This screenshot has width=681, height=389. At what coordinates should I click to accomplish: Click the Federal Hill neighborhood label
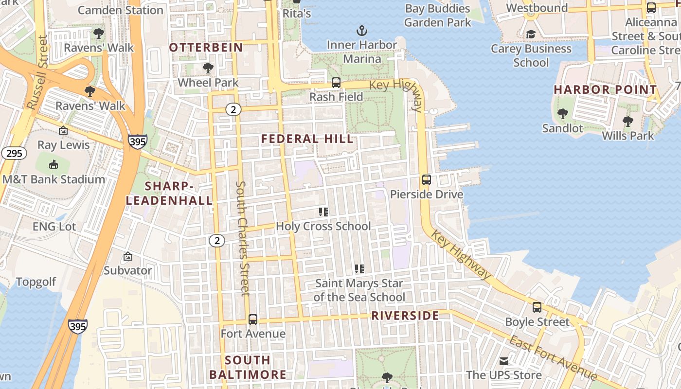pyautogui.click(x=307, y=139)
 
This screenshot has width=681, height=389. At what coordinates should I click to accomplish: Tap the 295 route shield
pyautogui.click(x=14, y=153)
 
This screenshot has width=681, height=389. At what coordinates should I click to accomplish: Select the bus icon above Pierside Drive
pyautogui.click(x=427, y=180)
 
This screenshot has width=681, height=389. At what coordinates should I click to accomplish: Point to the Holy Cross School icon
pyautogui.click(x=323, y=212)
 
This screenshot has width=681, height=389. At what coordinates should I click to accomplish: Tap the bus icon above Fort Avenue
pyautogui.click(x=253, y=319)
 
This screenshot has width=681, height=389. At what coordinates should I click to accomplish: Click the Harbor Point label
pyautogui.click(x=605, y=90)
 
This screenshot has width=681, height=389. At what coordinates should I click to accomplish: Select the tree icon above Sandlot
pyautogui.click(x=563, y=114)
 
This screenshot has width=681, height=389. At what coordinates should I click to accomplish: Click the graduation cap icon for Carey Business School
pyautogui.click(x=531, y=34)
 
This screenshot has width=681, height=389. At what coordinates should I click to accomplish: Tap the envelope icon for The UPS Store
pyautogui.click(x=504, y=361)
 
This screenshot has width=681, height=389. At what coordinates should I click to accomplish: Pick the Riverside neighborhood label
pyautogui.click(x=405, y=316)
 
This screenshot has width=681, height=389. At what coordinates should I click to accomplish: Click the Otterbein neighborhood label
pyautogui.click(x=206, y=47)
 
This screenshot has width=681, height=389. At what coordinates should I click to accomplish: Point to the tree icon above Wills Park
pyautogui.click(x=628, y=122)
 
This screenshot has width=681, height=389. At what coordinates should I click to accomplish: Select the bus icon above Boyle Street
pyautogui.click(x=537, y=307)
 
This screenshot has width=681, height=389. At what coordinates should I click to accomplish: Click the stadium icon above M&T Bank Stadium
pyautogui.click(x=54, y=165)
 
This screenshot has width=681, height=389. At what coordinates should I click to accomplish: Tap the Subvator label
pyautogui.click(x=128, y=270)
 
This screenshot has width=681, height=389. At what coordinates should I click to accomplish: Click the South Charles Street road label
pyautogui.click(x=242, y=238)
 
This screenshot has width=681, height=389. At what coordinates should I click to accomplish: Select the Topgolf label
pyautogui.click(x=36, y=282)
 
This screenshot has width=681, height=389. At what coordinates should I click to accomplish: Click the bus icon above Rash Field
pyautogui.click(x=336, y=83)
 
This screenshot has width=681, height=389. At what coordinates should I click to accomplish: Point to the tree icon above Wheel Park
pyautogui.click(x=208, y=68)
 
